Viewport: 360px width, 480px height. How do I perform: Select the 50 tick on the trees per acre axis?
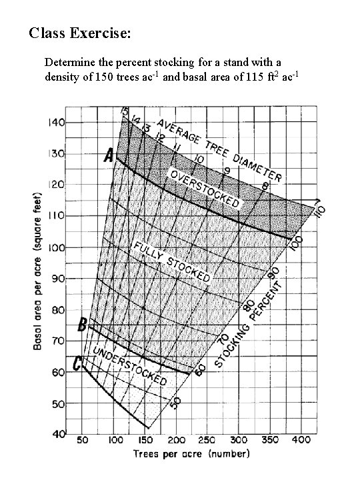click(x=83, y=441)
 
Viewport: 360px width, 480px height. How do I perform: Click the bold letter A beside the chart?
click(x=107, y=157)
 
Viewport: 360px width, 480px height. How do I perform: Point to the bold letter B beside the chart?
click(x=83, y=326)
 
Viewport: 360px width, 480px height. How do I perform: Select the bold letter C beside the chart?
click(x=78, y=364)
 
